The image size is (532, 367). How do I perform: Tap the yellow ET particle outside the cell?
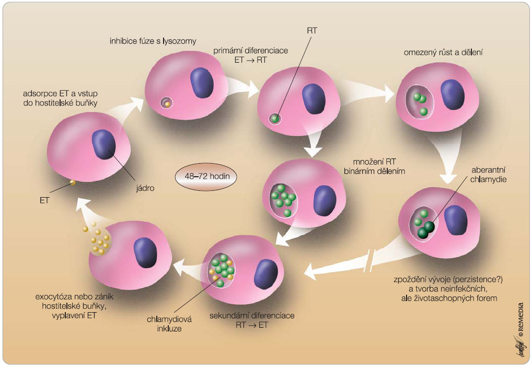73,182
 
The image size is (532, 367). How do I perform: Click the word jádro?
145,188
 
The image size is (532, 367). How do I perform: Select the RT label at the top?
312,30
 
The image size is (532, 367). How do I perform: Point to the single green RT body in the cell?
275,119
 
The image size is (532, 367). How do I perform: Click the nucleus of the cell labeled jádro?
104,144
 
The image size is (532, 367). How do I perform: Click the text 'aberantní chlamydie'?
488,175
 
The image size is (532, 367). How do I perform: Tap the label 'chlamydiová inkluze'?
169,324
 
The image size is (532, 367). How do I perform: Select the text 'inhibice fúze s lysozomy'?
153,41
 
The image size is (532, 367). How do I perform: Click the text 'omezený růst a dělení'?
443,52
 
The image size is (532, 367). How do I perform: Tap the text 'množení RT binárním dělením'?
374,166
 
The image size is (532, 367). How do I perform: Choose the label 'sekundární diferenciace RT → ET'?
252,320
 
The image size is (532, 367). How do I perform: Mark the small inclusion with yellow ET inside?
167,103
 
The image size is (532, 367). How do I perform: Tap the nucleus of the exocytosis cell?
145,253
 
